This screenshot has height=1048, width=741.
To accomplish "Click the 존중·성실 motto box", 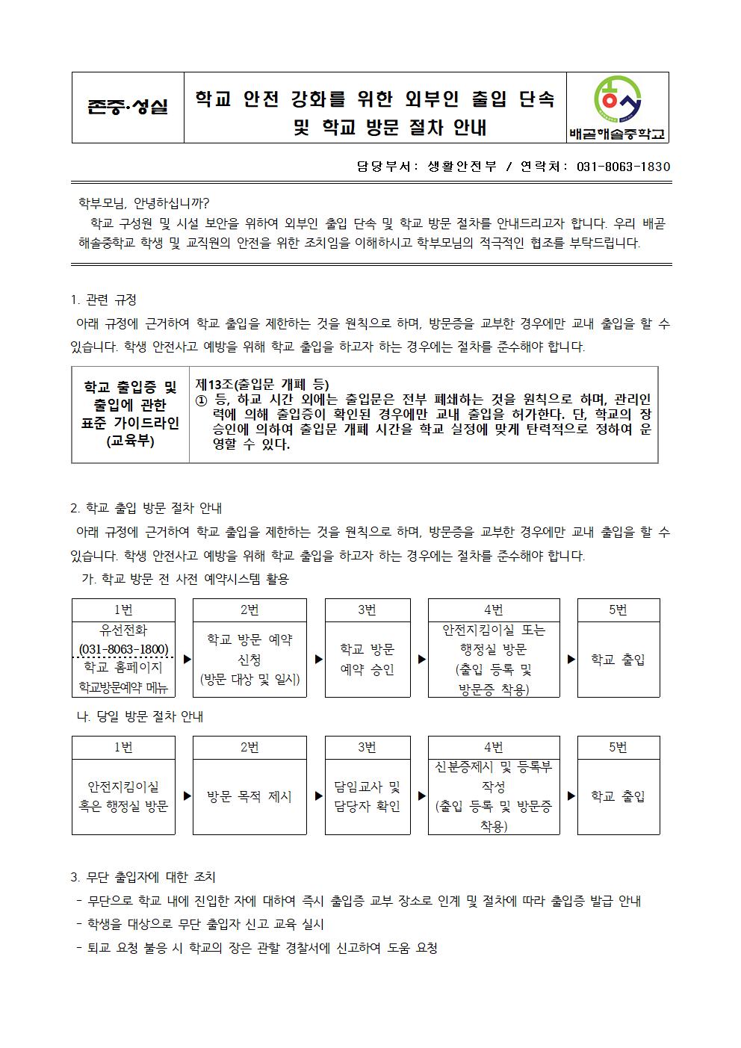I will click(x=128, y=107).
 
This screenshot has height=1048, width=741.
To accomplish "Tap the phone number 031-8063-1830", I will click(x=624, y=167).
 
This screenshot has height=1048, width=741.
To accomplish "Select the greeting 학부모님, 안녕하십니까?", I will click(x=144, y=202).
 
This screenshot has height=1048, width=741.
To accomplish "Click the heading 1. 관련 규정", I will click(x=104, y=300).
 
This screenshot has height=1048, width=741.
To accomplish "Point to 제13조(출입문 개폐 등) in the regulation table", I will click(x=262, y=384).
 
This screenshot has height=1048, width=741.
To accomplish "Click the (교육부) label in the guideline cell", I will click(x=130, y=441).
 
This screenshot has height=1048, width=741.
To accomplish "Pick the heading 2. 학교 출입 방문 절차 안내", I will click(x=146, y=508).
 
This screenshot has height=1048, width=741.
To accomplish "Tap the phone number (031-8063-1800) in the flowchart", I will click(x=123, y=648).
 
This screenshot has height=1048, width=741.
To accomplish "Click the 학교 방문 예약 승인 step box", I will click(x=367, y=660).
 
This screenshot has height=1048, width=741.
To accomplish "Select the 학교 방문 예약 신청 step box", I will click(x=249, y=659).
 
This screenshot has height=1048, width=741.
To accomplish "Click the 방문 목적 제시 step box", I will click(x=249, y=796).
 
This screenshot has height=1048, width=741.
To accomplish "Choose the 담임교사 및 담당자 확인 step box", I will click(x=367, y=796).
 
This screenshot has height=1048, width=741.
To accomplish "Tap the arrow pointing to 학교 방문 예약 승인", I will click(x=319, y=660).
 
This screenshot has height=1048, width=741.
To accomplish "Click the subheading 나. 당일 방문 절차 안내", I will click(x=140, y=716).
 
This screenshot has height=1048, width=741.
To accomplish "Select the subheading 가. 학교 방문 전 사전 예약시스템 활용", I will click(x=184, y=579).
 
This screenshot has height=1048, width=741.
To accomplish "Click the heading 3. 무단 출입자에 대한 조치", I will click(x=143, y=877).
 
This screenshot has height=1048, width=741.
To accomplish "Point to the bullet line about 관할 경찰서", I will click(x=257, y=948).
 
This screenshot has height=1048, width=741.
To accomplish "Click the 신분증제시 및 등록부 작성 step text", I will click(x=493, y=776).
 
